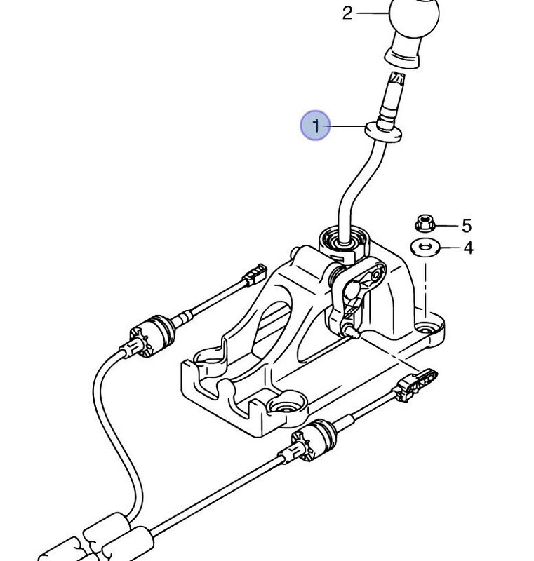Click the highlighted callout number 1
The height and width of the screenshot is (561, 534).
[315, 126]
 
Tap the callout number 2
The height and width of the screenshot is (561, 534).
[347, 12]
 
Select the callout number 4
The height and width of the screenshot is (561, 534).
[467, 248]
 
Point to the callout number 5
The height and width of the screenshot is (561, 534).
[467, 226]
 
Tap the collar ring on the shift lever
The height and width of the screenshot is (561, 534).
[383, 131]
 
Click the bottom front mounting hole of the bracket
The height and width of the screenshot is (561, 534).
[285, 409]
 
